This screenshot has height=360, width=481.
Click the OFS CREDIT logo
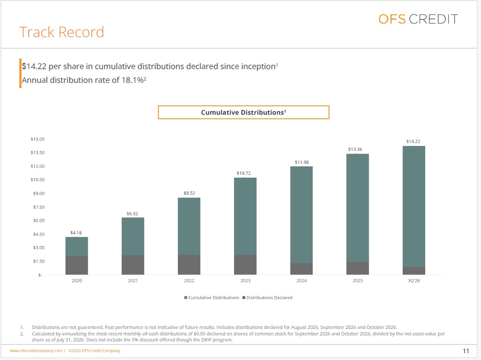[x=418, y=19]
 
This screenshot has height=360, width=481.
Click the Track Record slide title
[x=62, y=32]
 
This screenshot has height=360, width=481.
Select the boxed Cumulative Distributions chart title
[x=244, y=112]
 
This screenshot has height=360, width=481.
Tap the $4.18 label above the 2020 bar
[x=76, y=233]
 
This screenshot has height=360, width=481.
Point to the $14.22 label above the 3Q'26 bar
[x=413, y=141]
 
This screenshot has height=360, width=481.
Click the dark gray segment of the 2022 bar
[x=189, y=265]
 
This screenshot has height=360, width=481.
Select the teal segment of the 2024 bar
[x=302, y=215]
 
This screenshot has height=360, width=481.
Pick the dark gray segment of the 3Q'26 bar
[x=414, y=271]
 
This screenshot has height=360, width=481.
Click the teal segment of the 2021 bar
[x=133, y=236]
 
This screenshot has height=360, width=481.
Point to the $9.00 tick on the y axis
[x=39, y=194]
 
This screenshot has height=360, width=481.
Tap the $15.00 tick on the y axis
[x=38, y=139]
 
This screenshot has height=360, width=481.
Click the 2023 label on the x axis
[x=245, y=280]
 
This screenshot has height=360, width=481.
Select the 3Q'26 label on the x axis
[x=414, y=280]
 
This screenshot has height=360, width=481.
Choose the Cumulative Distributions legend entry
[x=212, y=297]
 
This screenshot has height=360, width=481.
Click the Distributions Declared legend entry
[x=268, y=297]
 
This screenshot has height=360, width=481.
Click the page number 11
[x=466, y=351]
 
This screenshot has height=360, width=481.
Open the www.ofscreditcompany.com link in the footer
[x=36, y=350]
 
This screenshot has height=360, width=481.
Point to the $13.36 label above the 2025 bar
[x=355, y=149]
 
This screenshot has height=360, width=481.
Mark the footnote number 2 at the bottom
[x=22, y=334]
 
